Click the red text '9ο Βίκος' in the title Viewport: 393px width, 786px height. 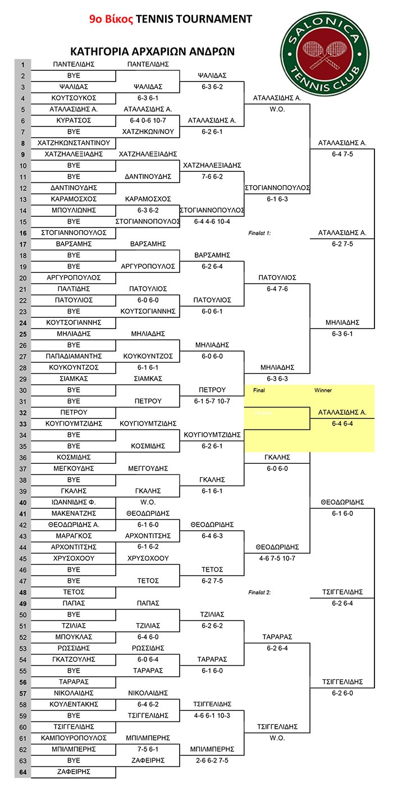(111, 19)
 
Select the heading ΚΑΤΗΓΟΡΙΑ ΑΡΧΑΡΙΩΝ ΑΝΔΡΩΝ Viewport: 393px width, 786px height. (152, 52)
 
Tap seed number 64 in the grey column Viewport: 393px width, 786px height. (23, 771)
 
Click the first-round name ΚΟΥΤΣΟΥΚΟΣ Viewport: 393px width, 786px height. (74, 98)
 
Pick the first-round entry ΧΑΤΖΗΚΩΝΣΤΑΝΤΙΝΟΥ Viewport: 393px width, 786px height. (74, 143)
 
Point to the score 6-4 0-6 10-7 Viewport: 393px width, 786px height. (148, 120)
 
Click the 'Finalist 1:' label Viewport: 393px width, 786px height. (259, 233)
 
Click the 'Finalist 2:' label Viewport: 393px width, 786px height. (259, 592)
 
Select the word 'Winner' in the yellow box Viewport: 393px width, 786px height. (323, 390)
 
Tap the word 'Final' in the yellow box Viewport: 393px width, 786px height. (259, 390)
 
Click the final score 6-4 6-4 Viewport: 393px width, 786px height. (342, 423)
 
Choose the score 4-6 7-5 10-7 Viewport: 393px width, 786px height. (277, 558)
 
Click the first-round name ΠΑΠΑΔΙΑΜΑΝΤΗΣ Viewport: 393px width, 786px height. (74, 356)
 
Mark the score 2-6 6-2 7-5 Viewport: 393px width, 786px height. (212, 760)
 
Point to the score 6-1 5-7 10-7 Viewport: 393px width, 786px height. (212, 401)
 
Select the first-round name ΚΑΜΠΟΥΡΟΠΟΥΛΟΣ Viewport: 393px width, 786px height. (74, 738)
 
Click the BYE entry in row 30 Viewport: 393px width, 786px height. (74, 390)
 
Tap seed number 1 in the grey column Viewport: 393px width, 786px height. (23, 65)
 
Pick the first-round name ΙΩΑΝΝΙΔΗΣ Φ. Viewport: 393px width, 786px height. (74, 502)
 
